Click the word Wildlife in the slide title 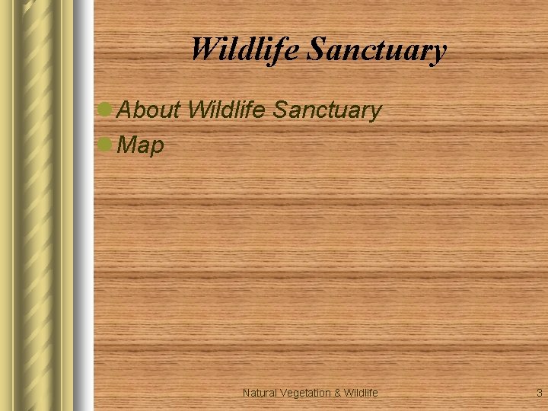[246, 49]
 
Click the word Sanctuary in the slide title [377, 51]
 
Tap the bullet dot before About [106, 110]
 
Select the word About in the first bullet [149, 110]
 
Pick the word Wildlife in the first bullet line [226, 110]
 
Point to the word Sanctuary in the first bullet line [327, 111]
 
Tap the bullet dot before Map [106, 144]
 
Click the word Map [142, 145]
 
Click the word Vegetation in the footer [305, 393]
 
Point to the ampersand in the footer [337, 393]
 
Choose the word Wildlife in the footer [361, 393]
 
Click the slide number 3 [539, 393]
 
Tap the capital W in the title [202, 49]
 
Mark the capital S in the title [316, 50]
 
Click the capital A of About [126, 110]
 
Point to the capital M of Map [128, 145]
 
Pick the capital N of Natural [247, 393]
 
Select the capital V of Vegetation [284, 393]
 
